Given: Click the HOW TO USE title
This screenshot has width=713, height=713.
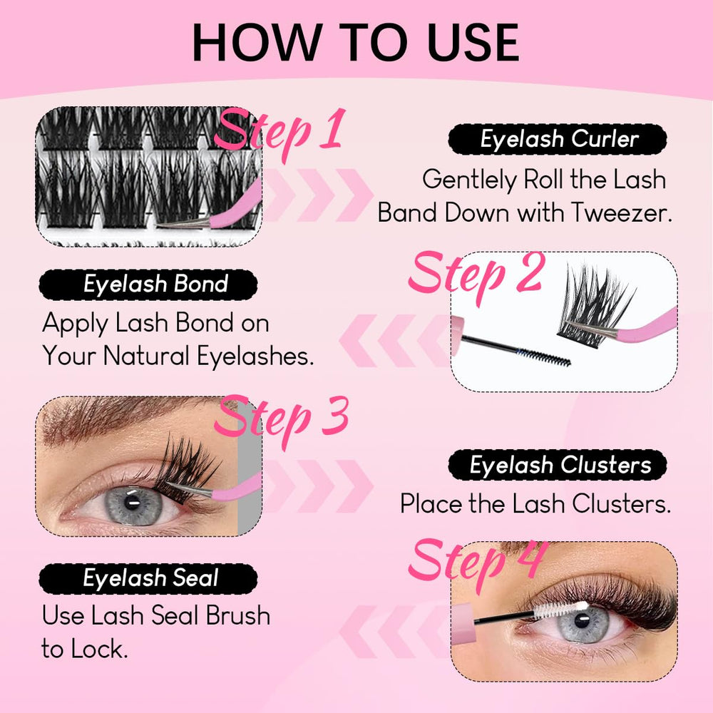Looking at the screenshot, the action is (x=356, y=42).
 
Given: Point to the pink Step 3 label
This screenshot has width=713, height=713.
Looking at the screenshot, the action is (x=282, y=420).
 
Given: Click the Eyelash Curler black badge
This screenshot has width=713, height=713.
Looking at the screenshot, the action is (x=558, y=139).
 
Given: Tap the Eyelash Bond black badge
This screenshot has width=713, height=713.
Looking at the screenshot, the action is (x=148, y=284).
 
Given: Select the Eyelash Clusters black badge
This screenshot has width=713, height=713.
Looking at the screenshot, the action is (x=558, y=465).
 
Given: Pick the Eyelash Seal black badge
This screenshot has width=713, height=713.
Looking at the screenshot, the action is (x=148, y=578).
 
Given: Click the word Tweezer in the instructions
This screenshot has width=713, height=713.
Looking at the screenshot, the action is (x=621, y=212).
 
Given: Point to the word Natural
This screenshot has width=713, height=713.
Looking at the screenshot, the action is (x=146, y=355).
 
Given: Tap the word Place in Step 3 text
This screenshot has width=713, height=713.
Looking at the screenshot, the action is (x=431, y=504).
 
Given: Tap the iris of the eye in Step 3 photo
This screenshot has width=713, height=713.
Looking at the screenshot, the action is (x=133, y=505).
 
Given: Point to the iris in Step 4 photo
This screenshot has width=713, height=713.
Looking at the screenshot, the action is (x=583, y=624).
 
